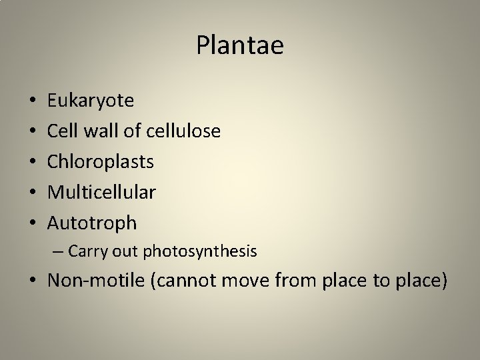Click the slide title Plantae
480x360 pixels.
pos(240,45)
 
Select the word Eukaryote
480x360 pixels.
pos(91,101)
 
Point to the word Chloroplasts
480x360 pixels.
pos(101,162)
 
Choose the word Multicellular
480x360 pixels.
pos(101,193)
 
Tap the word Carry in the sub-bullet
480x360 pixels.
pos(83,251)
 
